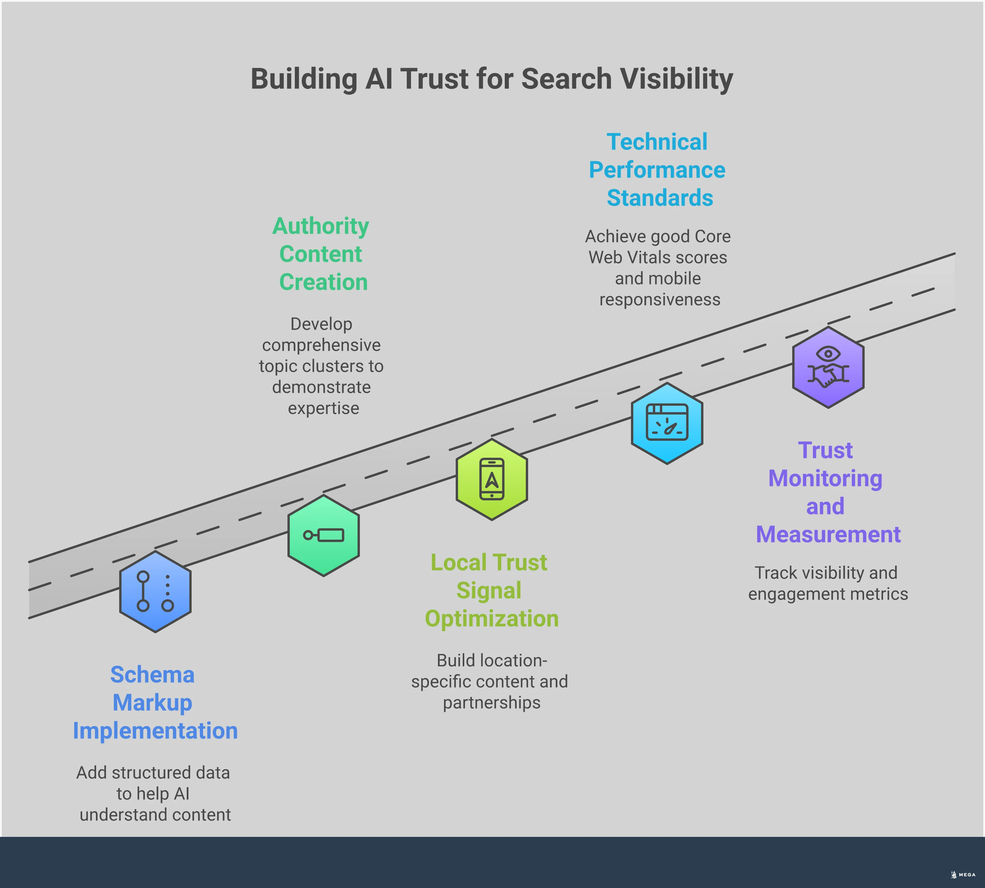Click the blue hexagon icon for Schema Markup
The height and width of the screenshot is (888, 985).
(x=155, y=591)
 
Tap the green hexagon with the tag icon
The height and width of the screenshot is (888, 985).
(x=323, y=535)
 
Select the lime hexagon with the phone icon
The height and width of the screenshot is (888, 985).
(x=492, y=479)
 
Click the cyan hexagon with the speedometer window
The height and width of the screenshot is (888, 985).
(x=667, y=423)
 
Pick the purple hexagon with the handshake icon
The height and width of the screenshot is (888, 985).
(x=828, y=367)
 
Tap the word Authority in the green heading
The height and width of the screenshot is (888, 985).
(x=320, y=226)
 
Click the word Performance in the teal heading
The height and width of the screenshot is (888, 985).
(x=657, y=170)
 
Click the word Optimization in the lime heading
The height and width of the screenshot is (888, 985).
(x=492, y=619)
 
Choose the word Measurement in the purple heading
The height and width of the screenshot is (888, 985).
(x=828, y=534)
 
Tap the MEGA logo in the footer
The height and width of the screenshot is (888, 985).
(x=964, y=875)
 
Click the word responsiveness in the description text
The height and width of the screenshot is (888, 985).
(x=660, y=300)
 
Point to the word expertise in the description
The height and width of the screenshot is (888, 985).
(x=323, y=408)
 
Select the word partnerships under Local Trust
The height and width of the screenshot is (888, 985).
(x=492, y=703)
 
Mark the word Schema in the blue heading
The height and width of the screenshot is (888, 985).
(x=152, y=675)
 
